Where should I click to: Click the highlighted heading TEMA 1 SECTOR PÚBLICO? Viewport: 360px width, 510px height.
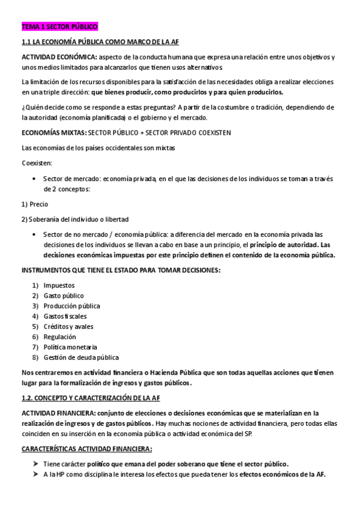[59, 27]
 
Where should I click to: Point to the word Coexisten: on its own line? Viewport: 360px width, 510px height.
[36, 163]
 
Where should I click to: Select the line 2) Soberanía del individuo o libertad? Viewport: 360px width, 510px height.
[75, 219]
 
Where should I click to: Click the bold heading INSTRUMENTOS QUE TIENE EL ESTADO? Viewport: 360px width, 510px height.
[120, 269]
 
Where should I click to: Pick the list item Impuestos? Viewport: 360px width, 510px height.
[59, 286]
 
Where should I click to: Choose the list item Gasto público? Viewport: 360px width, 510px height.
[64, 296]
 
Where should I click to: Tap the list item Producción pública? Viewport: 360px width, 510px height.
[72, 306]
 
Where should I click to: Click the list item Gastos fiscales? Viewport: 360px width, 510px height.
[65, 316]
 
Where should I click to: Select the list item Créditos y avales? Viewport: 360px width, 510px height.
[69, 327]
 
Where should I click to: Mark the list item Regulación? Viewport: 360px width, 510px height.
[59, 337]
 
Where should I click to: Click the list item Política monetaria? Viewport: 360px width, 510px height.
[70, 347]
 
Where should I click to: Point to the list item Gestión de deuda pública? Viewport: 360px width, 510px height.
[81, 357]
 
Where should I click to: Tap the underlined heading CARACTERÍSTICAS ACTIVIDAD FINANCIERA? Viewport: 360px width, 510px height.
[87, 449]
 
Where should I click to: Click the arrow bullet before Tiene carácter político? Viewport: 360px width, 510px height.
[35, 464]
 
